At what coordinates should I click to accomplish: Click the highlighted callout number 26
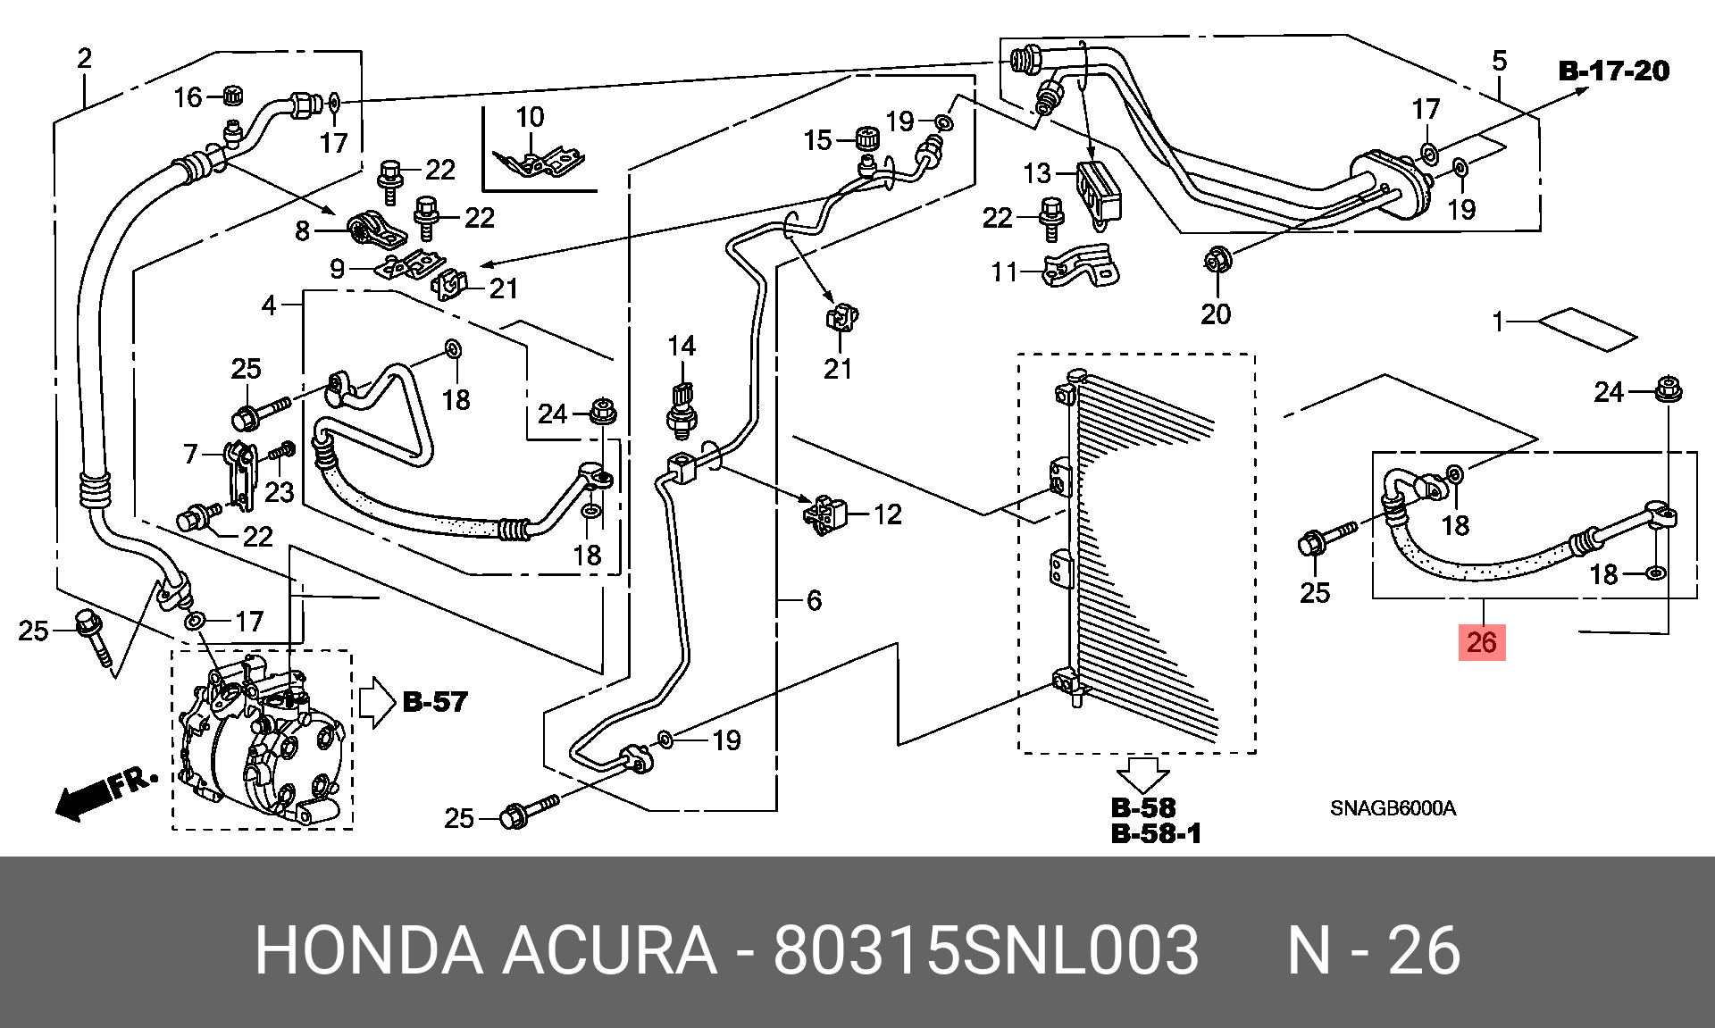[x=1481, y=642]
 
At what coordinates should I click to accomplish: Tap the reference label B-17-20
[x=1613, y=71]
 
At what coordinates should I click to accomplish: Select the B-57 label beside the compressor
[x=435, y=702]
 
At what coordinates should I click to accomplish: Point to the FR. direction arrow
[x=105, y=792]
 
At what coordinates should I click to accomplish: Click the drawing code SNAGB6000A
[x=1393, y=808]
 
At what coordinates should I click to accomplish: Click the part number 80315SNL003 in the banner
[x=985, y=950]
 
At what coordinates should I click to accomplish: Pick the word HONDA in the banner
[x=368, y=950]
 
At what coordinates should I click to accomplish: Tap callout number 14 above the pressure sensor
[x=682, y=347]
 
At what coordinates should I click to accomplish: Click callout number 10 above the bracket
[x=530, y=117]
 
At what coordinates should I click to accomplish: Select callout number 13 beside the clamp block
[x=1037, y=172]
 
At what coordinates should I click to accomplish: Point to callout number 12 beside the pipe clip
[x=887, y=514]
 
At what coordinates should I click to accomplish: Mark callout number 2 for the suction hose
[x=84, y=59]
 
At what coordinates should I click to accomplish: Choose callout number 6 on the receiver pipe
[x=814, y=600]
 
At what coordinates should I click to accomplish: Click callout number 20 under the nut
[x=1215, y=314]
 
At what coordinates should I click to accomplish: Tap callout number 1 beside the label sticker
[x=1499, y=322]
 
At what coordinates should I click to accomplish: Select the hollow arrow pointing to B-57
[x=376, y=702]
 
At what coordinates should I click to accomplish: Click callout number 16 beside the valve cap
[x=188, y=96]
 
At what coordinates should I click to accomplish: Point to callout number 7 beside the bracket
[x=190, y=455]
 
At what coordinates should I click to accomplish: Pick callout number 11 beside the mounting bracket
[x=1005, y=272]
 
